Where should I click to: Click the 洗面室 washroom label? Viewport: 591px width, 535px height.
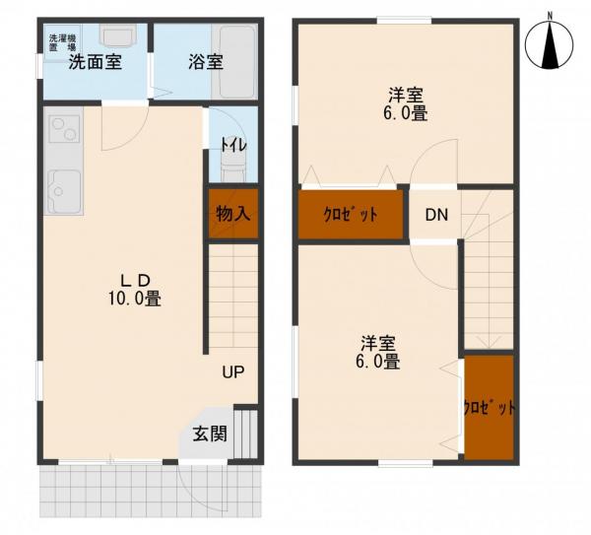pos(95,62)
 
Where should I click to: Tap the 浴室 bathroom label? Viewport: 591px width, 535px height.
pos(206,62)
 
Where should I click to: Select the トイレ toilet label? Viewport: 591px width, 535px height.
pos(233,146)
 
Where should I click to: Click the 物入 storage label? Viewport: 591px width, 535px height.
pos(233,214)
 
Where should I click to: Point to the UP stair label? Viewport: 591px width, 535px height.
pos(232,372)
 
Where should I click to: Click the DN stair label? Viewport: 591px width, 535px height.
pos(436,215)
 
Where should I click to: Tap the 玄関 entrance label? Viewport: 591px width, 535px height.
pos(210,434)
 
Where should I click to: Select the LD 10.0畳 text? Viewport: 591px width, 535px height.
pos(135,290)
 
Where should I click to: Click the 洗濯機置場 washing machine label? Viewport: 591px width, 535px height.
pos(63,42)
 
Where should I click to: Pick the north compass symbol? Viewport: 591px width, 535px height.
pos(550,44)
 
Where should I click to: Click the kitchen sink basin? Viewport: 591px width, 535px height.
pos(63,191)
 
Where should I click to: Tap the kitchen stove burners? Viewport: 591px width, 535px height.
pos(63,128)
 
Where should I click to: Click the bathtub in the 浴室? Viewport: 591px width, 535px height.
pos(233,61)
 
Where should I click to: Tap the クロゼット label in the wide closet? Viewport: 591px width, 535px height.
pos(351,215)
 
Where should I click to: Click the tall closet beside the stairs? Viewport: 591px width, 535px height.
pos(489,407)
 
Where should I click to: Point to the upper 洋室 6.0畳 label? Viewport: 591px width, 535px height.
pos(406,104)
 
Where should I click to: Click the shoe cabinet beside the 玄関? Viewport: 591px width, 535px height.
pos(245,434)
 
